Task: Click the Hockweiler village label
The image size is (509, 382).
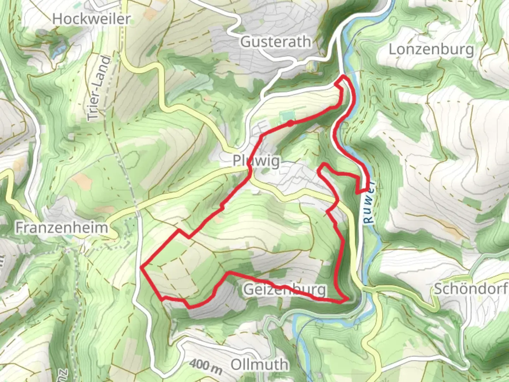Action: [91, 19]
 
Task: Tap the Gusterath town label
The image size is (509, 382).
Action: [276, 42]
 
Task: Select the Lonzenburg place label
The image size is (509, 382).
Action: [431, 50]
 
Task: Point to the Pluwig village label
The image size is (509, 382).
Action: [256, 161]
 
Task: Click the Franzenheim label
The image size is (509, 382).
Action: [62, 228]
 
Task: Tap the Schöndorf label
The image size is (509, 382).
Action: [471, 289]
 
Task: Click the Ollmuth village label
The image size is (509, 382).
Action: [260, 364]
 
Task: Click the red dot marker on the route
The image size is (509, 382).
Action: [290, 123]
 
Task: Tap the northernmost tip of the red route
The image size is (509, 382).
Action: [344, 76]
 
